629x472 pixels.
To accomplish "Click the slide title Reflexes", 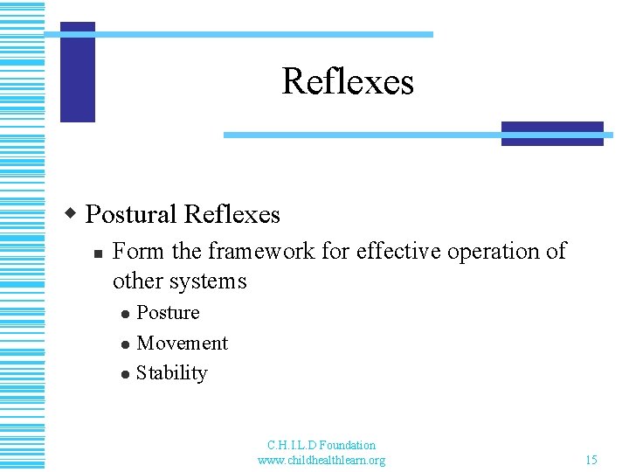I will tap(348, 82).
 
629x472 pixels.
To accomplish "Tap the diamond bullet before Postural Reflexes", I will tap(73, 213).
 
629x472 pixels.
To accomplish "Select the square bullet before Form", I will tap(98, 253).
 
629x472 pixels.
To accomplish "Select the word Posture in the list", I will tap(168, 313).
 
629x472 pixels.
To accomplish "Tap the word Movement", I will tap(182, 344).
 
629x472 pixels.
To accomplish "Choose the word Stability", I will tap(171, 373).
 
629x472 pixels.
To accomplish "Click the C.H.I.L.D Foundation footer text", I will tap(321, 445).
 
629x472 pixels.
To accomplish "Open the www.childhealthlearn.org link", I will tap(321, 460).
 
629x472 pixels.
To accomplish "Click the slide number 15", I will tap(591, 460).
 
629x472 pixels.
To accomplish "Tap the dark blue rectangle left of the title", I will tap(78, 72).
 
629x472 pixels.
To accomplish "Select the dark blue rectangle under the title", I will tap(552, 134).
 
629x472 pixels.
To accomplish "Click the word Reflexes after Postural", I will tap(232, 214).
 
